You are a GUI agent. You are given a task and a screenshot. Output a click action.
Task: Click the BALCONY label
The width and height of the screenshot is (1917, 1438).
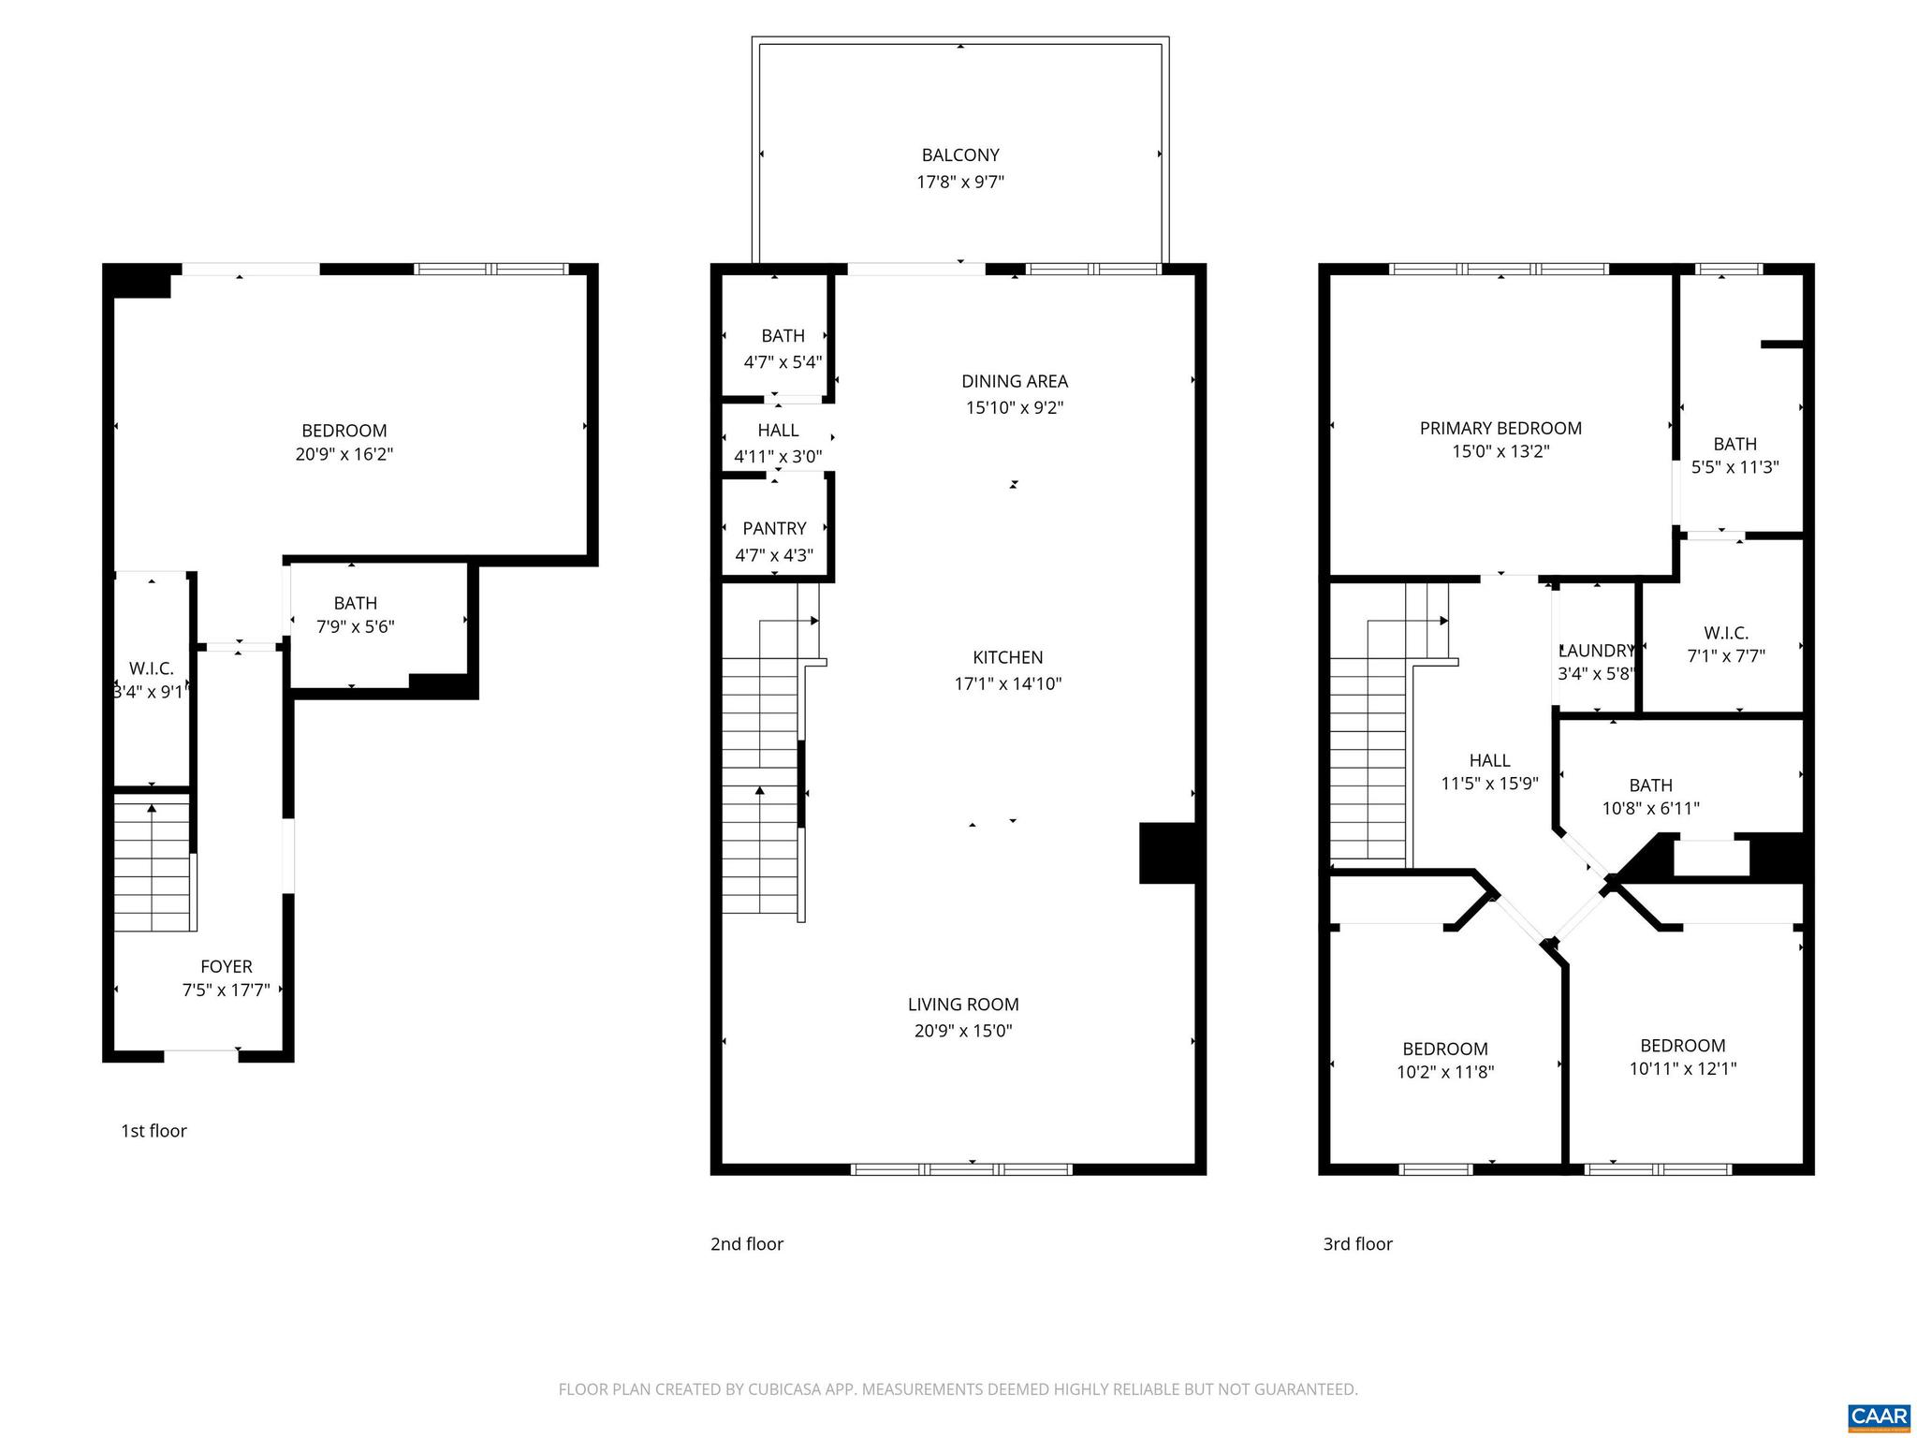click(x=960, y=155)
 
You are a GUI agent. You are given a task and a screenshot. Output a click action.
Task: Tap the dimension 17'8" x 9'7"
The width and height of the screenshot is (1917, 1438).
click(x=960, y=182)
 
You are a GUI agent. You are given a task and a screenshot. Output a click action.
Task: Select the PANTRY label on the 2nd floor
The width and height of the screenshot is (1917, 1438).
click(x=774, y=529)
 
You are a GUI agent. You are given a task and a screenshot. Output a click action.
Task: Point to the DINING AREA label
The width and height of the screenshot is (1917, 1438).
click(x=1015, y=381)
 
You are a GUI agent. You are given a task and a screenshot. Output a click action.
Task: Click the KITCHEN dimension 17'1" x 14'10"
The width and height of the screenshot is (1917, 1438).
click(x=1008, y=683)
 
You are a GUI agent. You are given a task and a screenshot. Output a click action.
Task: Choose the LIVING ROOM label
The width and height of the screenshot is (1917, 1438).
click(x=963, y=1005)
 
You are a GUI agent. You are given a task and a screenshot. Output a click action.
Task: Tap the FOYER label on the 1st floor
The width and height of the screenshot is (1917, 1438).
click(x=227, y=967)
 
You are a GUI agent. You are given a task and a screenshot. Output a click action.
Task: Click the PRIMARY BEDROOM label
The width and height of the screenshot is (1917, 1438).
click(x=1500, y=428)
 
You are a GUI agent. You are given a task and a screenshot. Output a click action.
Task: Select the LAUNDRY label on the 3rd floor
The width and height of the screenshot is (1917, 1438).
click(x=1597, y=651)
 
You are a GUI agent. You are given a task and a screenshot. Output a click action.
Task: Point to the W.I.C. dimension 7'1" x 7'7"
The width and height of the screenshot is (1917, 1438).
click(x=1726, y=656)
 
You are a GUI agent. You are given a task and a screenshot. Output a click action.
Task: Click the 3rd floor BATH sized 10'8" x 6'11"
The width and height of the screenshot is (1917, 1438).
click(x=1650, y=785)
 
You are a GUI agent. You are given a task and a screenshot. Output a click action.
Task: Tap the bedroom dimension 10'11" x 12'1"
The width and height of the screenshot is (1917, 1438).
click(x=1683, y=1068)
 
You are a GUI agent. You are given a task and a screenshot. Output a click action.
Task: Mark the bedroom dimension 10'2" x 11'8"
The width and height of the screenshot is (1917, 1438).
click(x=1445, y=1072)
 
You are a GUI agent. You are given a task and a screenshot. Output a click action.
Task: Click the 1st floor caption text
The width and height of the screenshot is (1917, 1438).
click(x=154, y=1131)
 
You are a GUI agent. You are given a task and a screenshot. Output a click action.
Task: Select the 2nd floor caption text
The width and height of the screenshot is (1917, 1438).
click(x=746, y=1244)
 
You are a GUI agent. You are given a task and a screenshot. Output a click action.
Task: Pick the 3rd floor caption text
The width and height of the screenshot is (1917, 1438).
click(x=1357, y=1244)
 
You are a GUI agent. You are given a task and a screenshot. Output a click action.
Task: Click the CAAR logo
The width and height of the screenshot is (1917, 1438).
click(x=1880, y=1416)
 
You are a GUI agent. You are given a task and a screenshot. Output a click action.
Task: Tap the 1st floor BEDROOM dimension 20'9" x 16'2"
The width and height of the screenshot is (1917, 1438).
click(x=344, y=454)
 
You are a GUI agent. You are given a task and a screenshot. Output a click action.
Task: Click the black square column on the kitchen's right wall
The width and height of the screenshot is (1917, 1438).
click(x=1167, y=853)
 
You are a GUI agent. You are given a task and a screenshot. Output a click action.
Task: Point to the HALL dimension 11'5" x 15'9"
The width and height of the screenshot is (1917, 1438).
click(x=1490, y=784)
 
